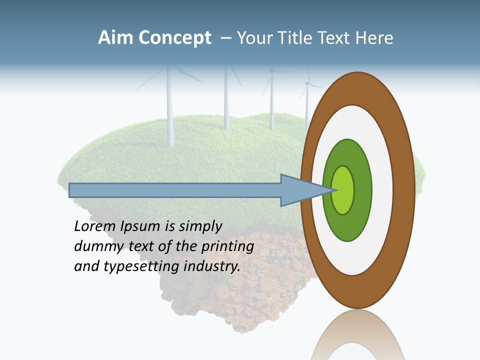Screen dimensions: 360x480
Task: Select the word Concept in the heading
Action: [x=174, y=38]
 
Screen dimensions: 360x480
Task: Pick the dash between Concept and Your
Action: [x=226, y=38]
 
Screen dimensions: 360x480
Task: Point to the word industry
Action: [x=212, y=267]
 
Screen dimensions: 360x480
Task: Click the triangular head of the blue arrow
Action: [x=300, y=190]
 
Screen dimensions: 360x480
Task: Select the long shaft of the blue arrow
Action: [x=175, y=190]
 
